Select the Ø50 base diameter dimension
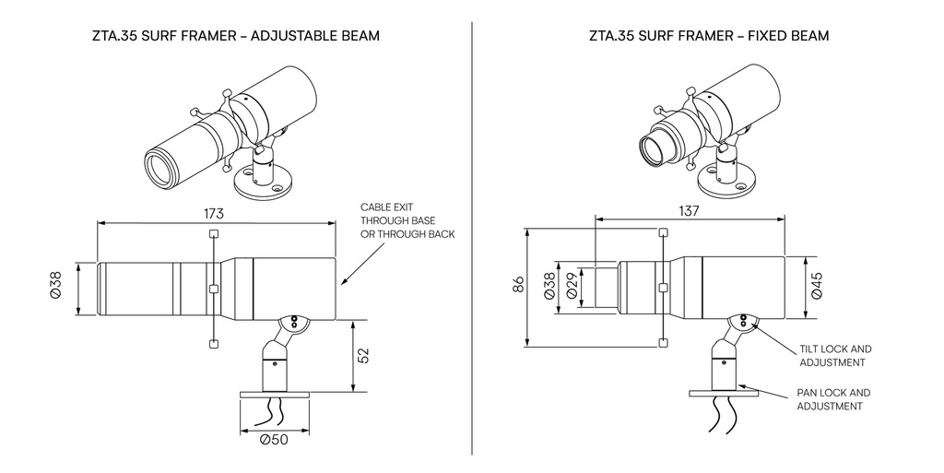(274, 439)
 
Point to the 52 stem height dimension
(363, 356)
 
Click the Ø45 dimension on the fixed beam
(816, 287)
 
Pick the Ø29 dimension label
(572, 287)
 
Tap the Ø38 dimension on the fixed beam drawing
(549, 287)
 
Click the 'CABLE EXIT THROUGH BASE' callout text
(407, 221)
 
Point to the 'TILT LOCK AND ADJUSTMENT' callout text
(834, 356)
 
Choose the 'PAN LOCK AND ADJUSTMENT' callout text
(833, 398)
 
